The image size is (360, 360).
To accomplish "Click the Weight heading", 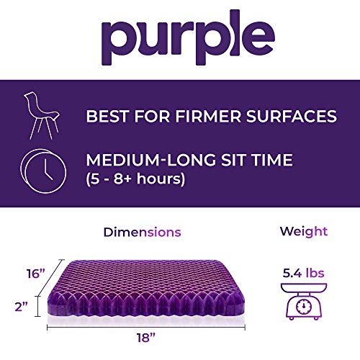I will coord(303,232).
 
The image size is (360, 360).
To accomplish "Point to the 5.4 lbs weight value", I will coord(303,274).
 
